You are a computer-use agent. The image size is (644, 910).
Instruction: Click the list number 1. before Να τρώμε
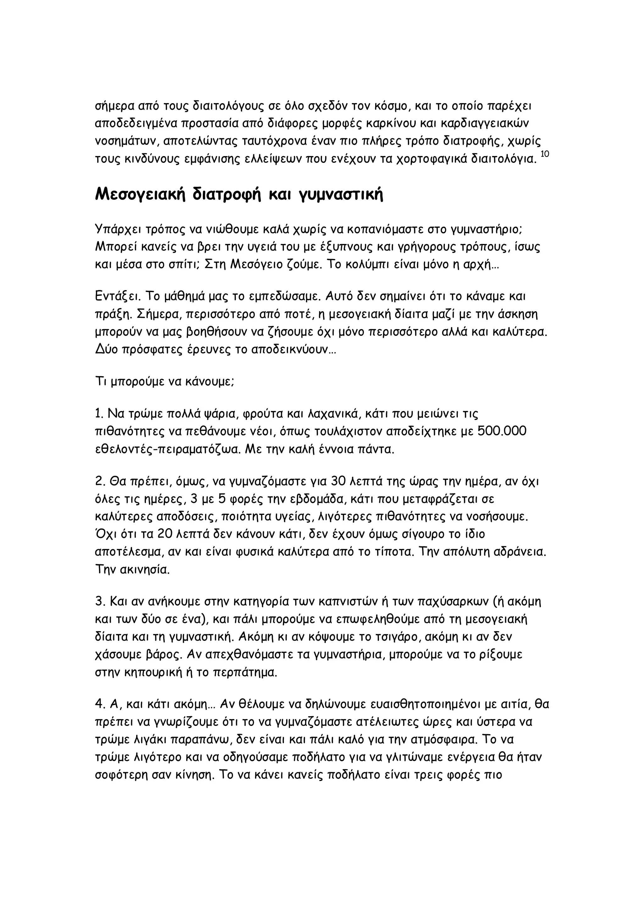99,414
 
